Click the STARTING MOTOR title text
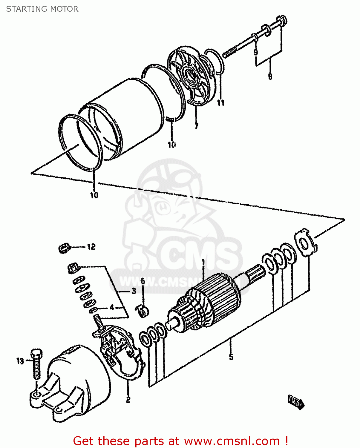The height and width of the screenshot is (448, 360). [42, 9]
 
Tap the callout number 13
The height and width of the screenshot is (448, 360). [20, 361]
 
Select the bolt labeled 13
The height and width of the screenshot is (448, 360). [37, 364]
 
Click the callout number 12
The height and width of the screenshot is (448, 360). [91, 247]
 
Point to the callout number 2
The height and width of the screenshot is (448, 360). [128, 400]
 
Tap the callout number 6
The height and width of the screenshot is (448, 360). [143, 281]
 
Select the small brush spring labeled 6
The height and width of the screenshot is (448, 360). [142, 311]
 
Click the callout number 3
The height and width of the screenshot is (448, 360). [134, 291]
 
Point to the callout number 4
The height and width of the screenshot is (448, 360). [112, 307]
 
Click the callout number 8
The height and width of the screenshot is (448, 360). [270, 76]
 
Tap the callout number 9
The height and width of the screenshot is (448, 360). [256, 52]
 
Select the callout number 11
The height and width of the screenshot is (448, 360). [220, 103]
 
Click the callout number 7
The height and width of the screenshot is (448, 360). [196, 126]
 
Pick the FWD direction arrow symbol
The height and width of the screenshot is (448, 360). [296, 402]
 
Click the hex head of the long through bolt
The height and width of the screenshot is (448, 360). [282, 21]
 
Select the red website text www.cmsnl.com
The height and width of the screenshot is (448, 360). [232, 441]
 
